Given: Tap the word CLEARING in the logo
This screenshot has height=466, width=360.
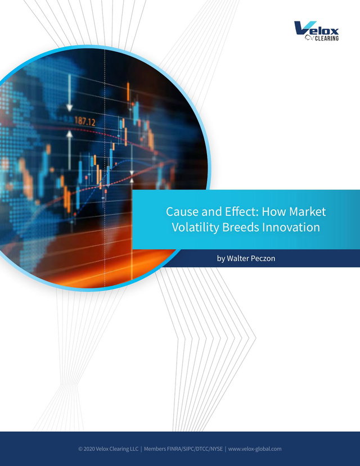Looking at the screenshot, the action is pyautogui.click(x=327, y=38).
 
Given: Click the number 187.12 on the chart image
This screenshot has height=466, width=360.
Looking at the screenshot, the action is pyautogui.click(x=85, y=121).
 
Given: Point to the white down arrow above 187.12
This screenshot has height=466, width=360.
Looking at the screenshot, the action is pyautogui.click(x=70, y=93).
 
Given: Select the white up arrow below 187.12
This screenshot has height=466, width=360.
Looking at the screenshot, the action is pyautogui.click(x=70, y=150).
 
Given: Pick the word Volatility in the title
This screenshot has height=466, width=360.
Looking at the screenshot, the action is pyautogui.click(x=195, y=227).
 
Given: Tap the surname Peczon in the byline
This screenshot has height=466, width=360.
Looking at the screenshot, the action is pyautogui.click(x=263, y=258).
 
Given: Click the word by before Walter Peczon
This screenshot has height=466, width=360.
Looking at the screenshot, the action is pyautogui.click(x=221, y=259).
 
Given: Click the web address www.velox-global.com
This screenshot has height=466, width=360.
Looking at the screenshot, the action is pyautogui.click(x=255, y=449).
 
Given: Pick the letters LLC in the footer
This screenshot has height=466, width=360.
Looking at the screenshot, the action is pyautogui.click(x=134, y=449).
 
